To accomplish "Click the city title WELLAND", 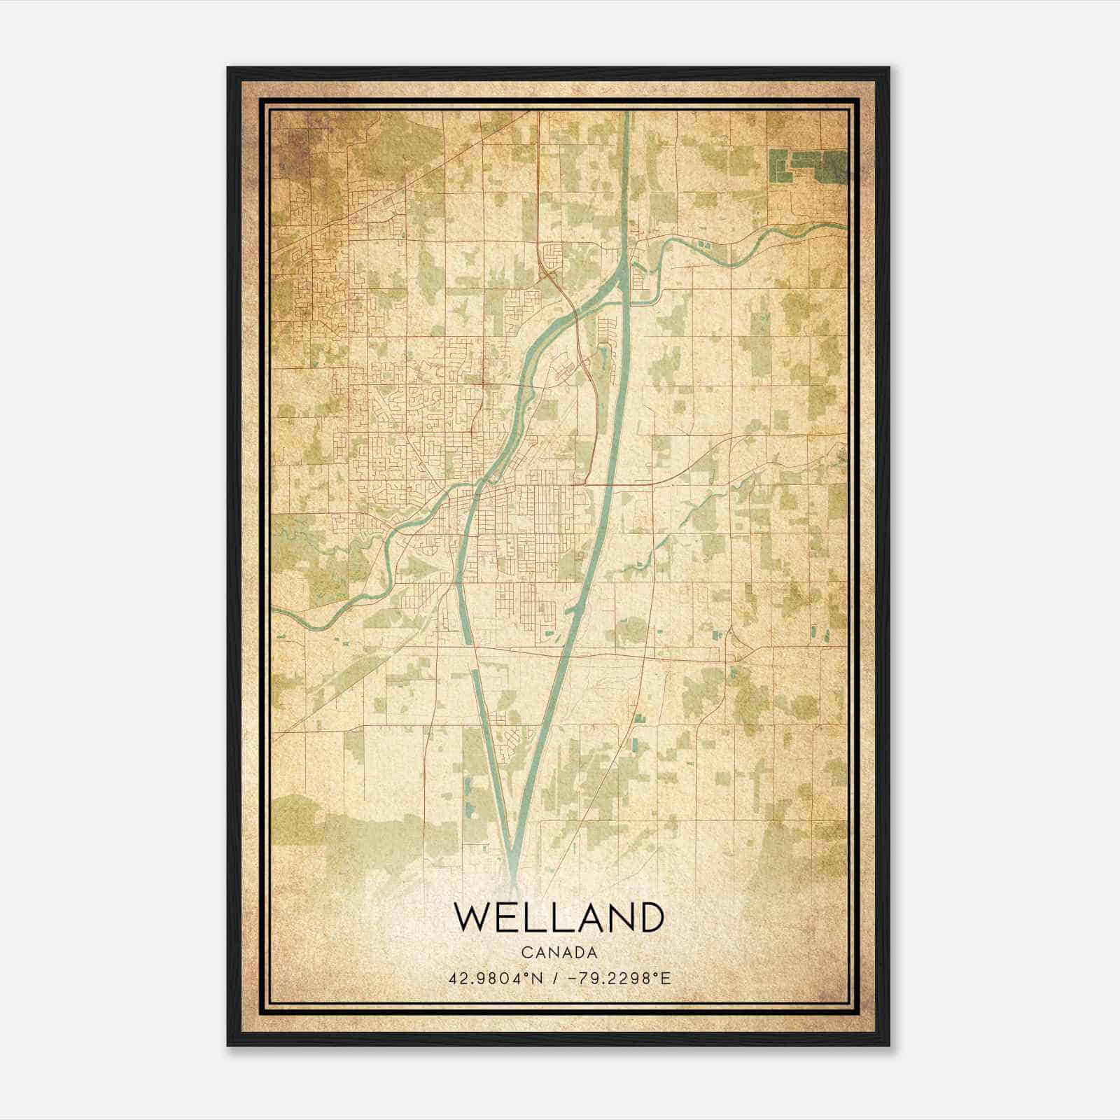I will pyautogui.click(x=559, y=917).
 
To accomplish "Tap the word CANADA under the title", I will pyautogui.click(x=559, y=953).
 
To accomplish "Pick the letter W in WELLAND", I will pyautogui.click(x=472, y=917).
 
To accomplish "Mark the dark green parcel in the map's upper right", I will pyautogui.click(x=805, y=165).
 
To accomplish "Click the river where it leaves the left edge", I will pyautogui.click(x=276, y=610).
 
